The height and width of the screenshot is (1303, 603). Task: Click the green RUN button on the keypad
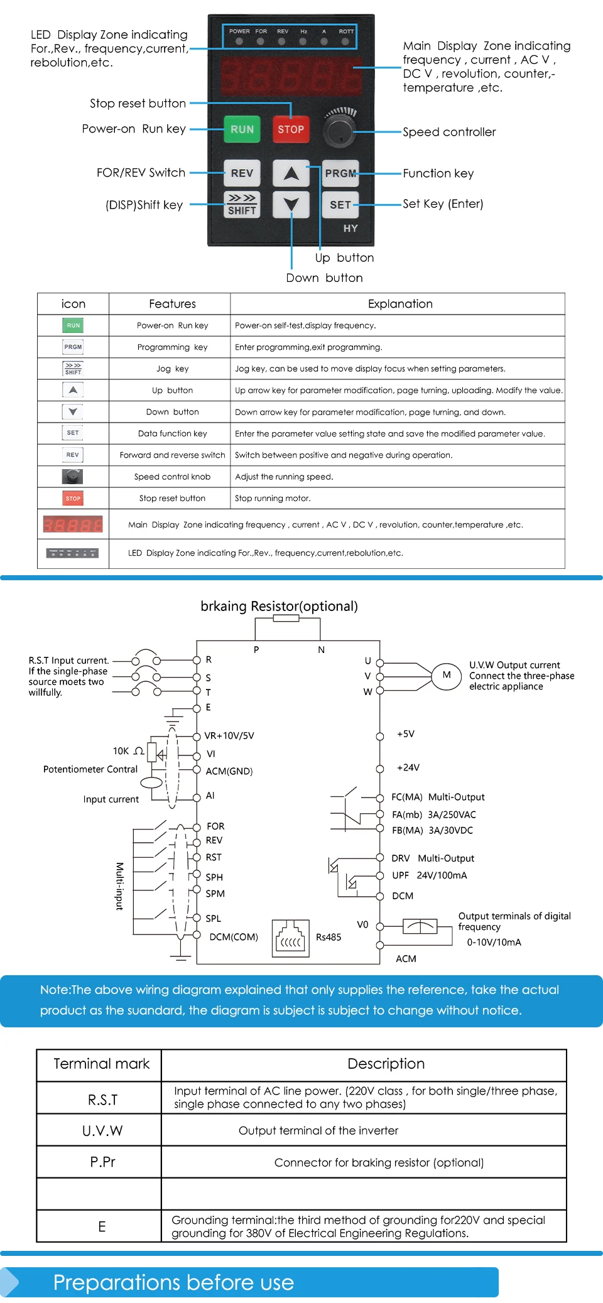242,129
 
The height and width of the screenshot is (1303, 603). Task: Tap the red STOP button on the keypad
291,129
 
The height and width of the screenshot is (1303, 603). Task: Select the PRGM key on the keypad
340,173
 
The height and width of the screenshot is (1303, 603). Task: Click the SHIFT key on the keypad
242,205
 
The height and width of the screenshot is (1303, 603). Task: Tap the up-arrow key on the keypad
291,173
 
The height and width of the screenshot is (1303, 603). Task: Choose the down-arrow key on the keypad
291,205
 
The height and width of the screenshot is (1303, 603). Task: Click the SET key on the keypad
340,205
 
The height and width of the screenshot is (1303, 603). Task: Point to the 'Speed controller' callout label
449,132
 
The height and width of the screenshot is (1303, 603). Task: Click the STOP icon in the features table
73,499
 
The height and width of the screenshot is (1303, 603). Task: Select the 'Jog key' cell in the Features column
172,369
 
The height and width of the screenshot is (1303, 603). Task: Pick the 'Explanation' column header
400,304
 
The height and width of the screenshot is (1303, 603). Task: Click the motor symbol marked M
447,676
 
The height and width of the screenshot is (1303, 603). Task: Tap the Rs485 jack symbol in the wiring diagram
290,938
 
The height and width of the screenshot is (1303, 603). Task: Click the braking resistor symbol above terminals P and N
286,618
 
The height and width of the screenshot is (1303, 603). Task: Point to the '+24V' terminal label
408,767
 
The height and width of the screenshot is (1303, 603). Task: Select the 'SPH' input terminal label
214,877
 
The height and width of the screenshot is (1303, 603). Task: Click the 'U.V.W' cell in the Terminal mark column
102,1131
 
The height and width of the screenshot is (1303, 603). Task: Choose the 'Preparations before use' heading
173,1282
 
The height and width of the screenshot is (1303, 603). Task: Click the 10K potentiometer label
121,751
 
